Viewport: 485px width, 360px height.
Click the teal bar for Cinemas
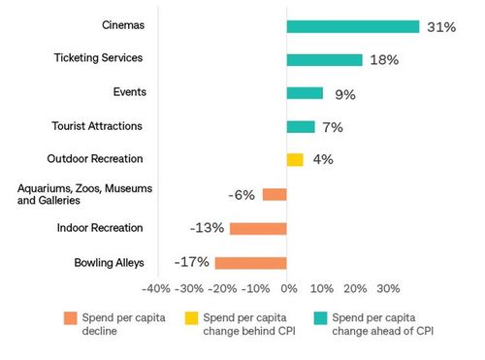(353, 26)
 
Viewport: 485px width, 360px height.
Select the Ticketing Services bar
(325, 60)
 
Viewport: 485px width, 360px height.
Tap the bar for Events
(306, 93)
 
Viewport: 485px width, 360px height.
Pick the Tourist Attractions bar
(301, 126)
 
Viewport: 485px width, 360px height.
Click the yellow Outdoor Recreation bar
(295, 159)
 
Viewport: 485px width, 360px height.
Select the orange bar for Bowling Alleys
(251, 263)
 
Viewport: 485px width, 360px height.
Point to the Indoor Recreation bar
(258, 228)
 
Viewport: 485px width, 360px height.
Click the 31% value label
(441, 27)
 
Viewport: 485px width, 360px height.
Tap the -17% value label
(190, 263)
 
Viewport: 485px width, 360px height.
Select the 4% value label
(323, 160)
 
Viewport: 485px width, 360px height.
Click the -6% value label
(242, 194)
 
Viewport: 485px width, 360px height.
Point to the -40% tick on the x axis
(156, 289)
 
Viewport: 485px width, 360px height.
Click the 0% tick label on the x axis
(288, 289)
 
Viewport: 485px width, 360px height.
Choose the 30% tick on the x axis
(388, 289)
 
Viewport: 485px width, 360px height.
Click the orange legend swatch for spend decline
(70, 317)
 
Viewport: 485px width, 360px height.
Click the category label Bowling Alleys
(109, 263)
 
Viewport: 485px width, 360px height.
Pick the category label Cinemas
(122, 23)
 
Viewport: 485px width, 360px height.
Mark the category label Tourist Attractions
(97, 125)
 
